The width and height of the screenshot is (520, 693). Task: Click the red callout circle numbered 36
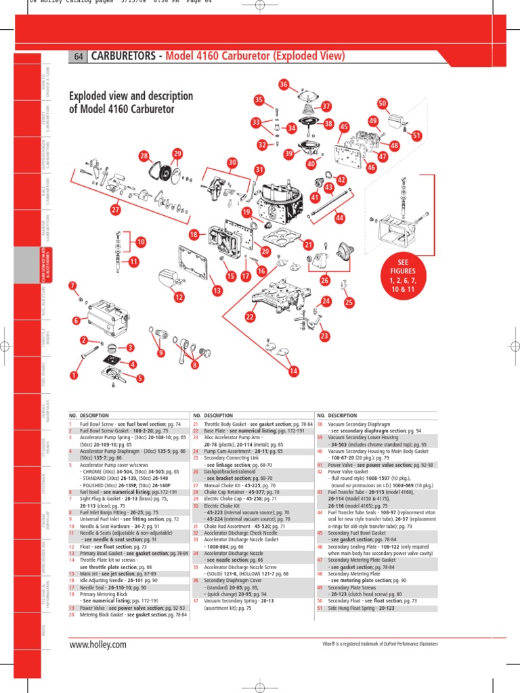pyautogui.click(x=284, y=85)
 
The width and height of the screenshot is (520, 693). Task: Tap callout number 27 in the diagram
pyautogui.click(x=116, y=210)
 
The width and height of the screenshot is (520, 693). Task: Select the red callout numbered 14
pyautogui.click(x=293, y=371)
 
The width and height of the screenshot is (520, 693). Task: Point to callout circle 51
pyautogui.click(x=417, y=136)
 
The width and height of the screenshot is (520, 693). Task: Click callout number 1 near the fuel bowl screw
pyautogui.click(x=74, y=374)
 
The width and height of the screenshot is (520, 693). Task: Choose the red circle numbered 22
pyautogui.click(x=250, y=317)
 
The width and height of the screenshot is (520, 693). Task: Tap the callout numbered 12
pyautogui.click(x=179, y=296)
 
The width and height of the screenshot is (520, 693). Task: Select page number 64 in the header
pyautogui.click(x=78, y=57)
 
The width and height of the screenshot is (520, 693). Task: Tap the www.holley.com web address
pyautogui.click(x=98, y=644)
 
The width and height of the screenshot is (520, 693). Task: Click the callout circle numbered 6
pyautogui.click(x=77, y=320)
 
